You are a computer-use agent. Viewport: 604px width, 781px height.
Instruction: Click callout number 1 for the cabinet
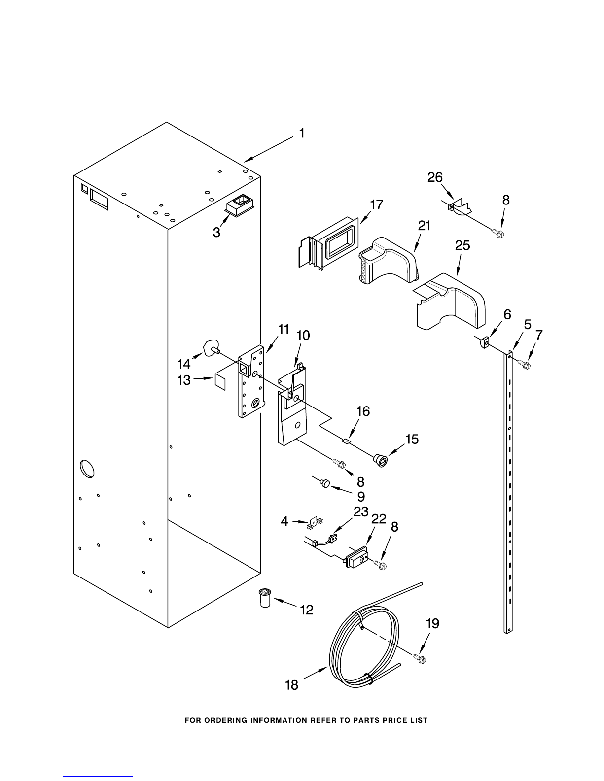click(302, 133)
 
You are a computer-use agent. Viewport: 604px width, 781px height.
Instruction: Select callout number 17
click(377, 204)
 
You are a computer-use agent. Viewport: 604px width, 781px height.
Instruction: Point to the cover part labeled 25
click(450, 302)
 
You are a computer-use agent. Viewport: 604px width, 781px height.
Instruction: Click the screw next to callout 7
click(525, 365)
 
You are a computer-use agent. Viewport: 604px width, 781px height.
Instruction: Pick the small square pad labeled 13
click(220, 382)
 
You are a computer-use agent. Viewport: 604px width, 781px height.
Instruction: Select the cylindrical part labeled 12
click(266, 597)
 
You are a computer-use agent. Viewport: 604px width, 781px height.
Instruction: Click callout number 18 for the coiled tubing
click(292, 685)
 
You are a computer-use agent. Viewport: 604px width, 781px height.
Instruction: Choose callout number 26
click(435, 177)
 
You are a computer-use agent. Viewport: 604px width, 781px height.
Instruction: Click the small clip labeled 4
click(314, 521)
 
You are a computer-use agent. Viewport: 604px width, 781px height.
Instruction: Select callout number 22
click(379, 519)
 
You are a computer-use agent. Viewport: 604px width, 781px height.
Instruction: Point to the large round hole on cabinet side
click(86, 468)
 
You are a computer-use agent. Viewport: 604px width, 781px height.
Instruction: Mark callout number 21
click(424, 226)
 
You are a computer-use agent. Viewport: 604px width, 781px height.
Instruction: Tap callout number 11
click(284, 329)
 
